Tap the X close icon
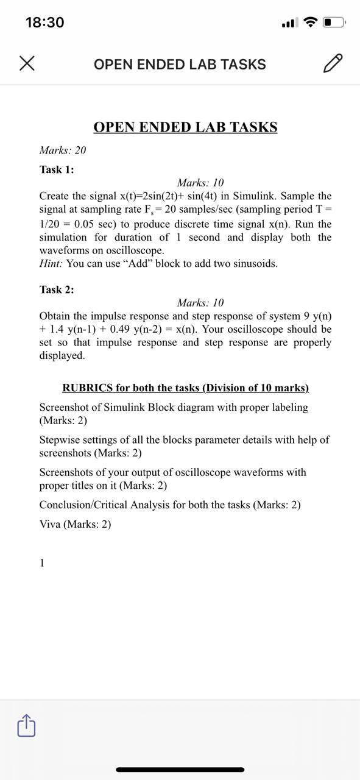pos(26,63)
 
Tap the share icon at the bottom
pos(26,726)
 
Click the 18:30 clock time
pos(44,23)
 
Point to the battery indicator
pos(334,23)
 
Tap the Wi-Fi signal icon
pos(311,23)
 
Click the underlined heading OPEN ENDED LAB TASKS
pos(185,127)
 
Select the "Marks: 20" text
pos(63,150)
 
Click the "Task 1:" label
pos(57,169)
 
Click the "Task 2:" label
pos(57,289)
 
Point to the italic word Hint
pos(51,264)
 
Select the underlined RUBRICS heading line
pos(185,388)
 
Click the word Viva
pos(50,524)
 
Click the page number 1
pos(42,563)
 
